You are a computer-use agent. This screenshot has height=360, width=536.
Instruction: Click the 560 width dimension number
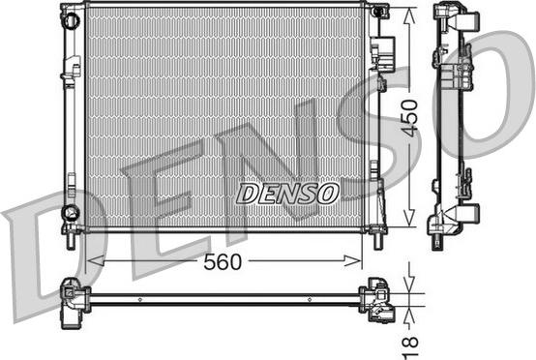pos(223,262)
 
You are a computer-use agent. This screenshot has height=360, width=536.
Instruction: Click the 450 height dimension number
pos(409,118)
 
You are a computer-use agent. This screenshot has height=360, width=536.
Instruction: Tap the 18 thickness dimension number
pos(410,348)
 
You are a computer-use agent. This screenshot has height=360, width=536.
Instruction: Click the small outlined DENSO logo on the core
pos(287,194)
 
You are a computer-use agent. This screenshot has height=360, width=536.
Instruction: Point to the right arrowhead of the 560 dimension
pos(352,260)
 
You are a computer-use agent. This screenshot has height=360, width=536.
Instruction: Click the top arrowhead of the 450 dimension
pos(409,15)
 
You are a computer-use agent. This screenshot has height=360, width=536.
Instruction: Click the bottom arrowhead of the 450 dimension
pos(409,218)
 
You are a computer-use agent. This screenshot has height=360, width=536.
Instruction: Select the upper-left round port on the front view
pos(71,20)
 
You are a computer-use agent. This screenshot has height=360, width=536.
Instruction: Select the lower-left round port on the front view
pos(71,213)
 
